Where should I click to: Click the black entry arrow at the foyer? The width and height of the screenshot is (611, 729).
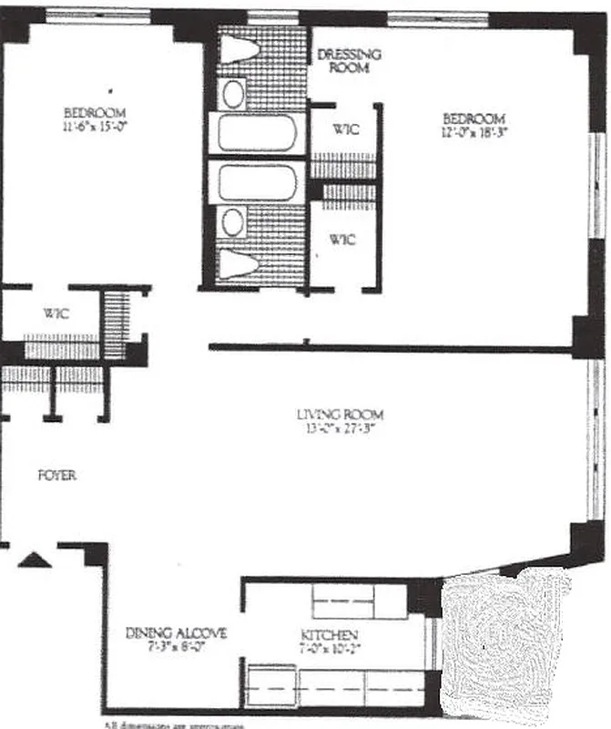pos(34,560)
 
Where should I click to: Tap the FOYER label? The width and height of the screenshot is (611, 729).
pos(56,476)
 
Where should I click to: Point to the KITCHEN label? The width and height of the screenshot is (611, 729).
pos(329,634)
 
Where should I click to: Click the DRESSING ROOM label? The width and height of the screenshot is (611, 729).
pos(349,60)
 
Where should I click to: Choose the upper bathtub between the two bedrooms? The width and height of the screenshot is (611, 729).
pos(257,133)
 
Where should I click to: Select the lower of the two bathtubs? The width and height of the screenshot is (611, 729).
pos(257,182)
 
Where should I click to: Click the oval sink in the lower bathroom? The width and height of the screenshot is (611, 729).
pos(234,221)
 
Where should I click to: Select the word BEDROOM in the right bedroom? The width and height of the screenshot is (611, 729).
pos(474,118)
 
